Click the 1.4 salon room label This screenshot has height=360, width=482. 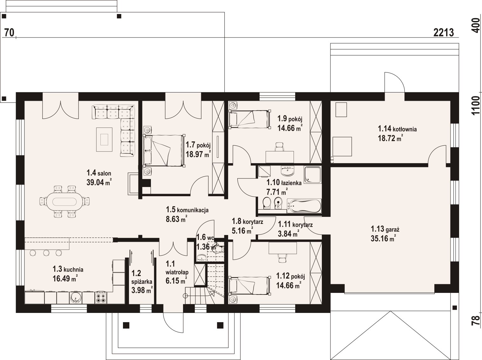[x=99, y=173]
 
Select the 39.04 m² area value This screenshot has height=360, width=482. [x=99, y=182]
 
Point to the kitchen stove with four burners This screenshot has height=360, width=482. [x=101, y=298]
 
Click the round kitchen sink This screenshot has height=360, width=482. [x=76, y=298]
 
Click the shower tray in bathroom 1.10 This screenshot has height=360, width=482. [x=313, y=175]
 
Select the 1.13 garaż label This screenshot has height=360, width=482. [x=385, y=229]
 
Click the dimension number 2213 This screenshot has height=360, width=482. [x=444, y=33]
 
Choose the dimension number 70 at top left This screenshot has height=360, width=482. [x=9, y=32]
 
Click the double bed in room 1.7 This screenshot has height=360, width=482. [x=164, y=150]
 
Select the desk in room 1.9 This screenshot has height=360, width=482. [x=280, y=157]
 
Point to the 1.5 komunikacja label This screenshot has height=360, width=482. [x=187, y=210]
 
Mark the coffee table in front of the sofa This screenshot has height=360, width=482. [x=104, y=140]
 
